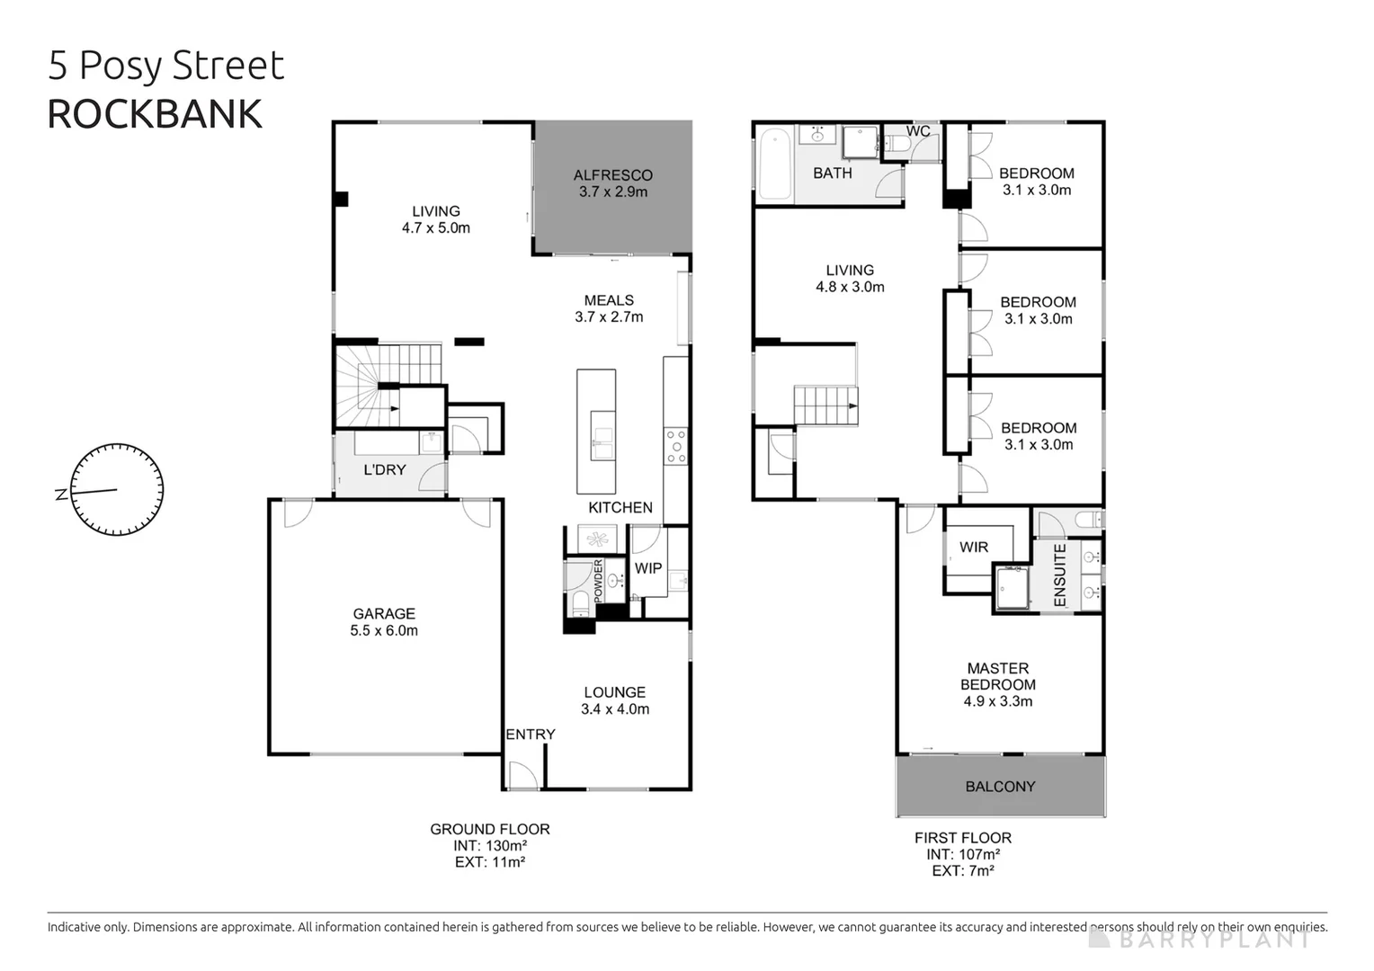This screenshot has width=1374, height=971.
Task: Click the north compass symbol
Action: click(116, 491)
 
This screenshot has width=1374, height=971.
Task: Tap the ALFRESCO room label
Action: click(613, 175)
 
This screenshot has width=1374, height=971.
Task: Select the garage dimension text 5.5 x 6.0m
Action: click(384, 631)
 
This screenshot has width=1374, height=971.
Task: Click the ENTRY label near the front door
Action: click(530, 735)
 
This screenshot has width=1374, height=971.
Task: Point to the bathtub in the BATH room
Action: click(774, 165)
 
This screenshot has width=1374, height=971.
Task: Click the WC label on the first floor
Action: click(918, 131)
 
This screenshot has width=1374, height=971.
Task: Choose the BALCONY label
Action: click(1000, 787)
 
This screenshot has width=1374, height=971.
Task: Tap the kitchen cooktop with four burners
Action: click(675, 447)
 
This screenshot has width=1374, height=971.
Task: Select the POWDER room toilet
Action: click(579, 601)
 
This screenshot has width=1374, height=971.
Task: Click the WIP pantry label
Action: click(648, 568)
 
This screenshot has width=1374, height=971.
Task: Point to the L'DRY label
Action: click(384, 470)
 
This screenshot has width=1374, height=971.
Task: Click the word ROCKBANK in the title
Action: click(155, 115)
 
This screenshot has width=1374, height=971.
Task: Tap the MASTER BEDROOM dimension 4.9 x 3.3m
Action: click(997, 701)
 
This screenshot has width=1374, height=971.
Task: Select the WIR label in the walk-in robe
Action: click(974, 548)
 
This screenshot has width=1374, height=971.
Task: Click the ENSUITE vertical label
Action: click(1059, 575)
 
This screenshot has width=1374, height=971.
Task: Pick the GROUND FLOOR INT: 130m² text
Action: click(490, 846)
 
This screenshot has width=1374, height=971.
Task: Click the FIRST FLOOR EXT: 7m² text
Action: click(963, 871)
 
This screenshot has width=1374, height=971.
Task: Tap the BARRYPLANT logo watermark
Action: click(1200, 940)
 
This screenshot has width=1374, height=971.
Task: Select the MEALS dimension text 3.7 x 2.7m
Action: click(609, 317)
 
